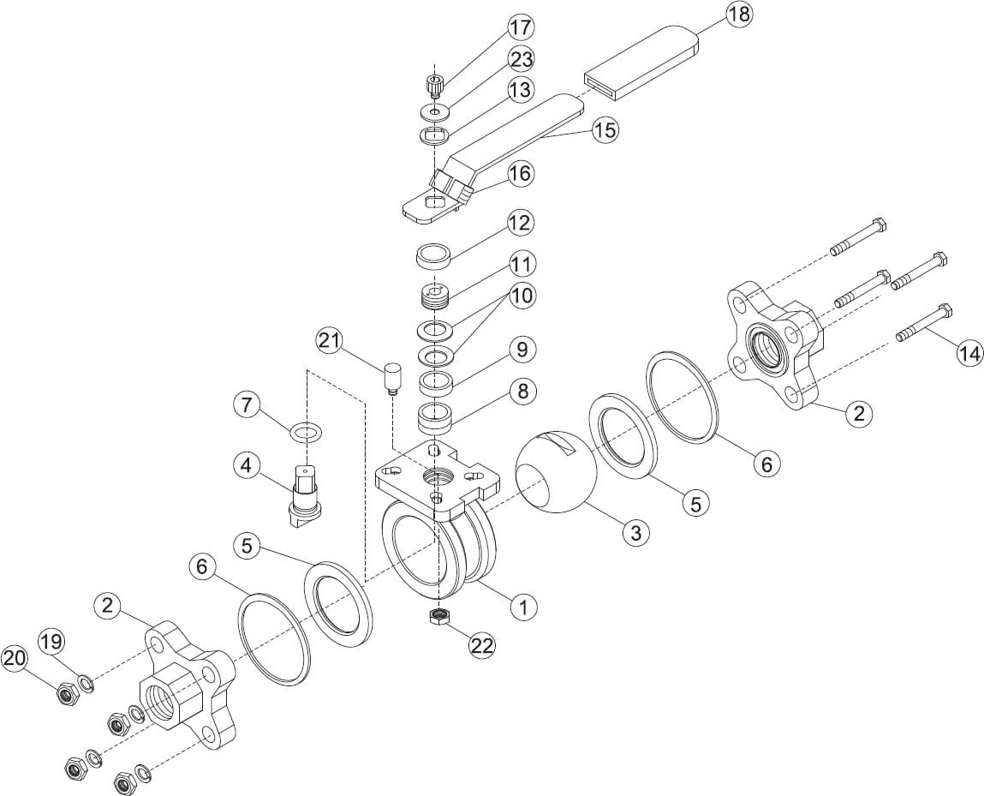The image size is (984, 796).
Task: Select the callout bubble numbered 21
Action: pyautogui.click(x=330, y=342)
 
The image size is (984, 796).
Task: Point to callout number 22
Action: pyautogui.click(x=483, y=644)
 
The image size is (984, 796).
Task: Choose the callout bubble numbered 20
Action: pyautogui.click(x=15, y=659)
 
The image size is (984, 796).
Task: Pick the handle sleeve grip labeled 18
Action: pyautogui.click(x=641, y=63)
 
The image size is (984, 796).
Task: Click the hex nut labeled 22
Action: pyautogui.click(x=438, y=616)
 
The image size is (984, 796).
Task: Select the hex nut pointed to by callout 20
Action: pyautogui.click(x=66, y=694)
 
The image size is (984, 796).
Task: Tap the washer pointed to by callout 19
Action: pyautogui.click(x=86, y=682)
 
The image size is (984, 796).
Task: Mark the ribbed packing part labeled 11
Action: pyautogui.click(x=436, y=296)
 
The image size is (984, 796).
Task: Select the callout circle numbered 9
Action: pyautogui.click(x=522, y=350)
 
